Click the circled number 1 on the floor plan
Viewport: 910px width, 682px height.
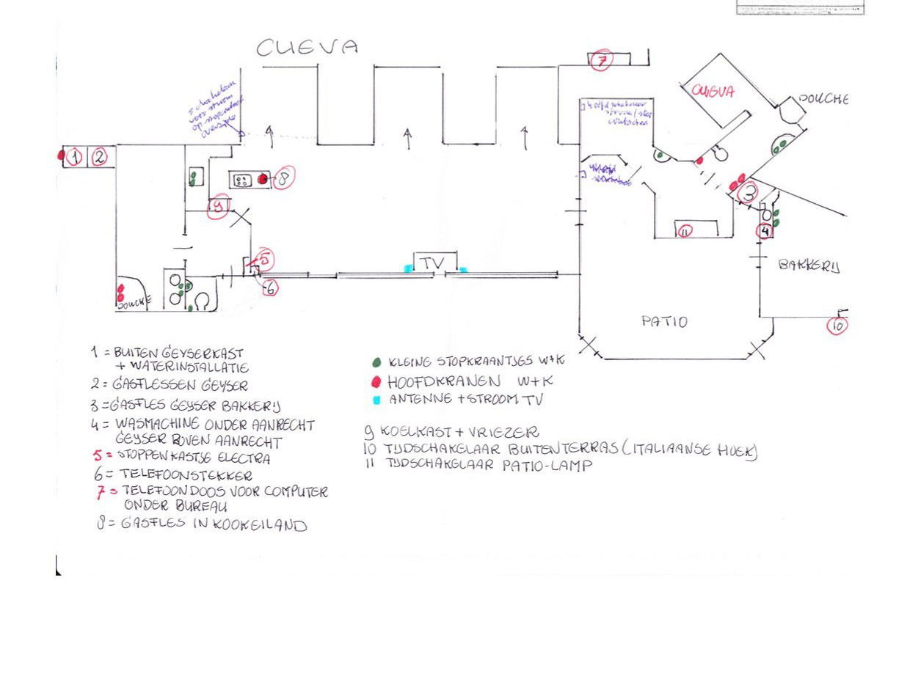pos(74,157)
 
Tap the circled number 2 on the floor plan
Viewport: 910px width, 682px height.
pos(99,157)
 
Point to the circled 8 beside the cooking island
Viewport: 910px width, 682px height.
pos(283,177)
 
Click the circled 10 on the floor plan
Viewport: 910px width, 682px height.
pos(837,325)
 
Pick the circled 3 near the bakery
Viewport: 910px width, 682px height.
pos(748,193)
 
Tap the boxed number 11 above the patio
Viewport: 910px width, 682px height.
pos(685,232)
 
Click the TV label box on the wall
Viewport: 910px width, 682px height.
pos(433,263)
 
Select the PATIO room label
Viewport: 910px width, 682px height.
pos(664,321)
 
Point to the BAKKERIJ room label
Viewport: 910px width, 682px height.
pos(809,265)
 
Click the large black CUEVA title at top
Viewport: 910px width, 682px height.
pos(307,48)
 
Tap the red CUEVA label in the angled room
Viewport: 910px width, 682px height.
pos(713,92)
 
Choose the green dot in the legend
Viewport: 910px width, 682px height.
pos(377,362)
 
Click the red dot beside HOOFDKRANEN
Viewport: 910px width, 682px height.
pos(376,382)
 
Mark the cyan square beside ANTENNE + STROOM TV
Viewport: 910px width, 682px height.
pos(376,400)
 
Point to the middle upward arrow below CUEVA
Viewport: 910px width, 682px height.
pos(408,137)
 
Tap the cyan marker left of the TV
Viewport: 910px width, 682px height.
pos(408,269)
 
